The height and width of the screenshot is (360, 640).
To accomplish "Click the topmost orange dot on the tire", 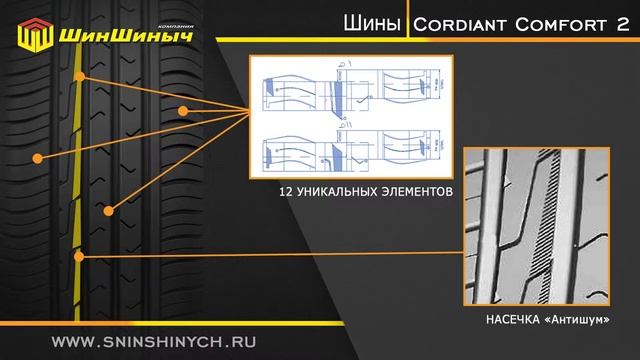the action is (x=80, y=76).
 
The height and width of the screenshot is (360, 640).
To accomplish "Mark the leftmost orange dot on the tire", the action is (x=37, y=157).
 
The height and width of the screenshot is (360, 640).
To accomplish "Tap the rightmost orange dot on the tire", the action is (x=183, y=109).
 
